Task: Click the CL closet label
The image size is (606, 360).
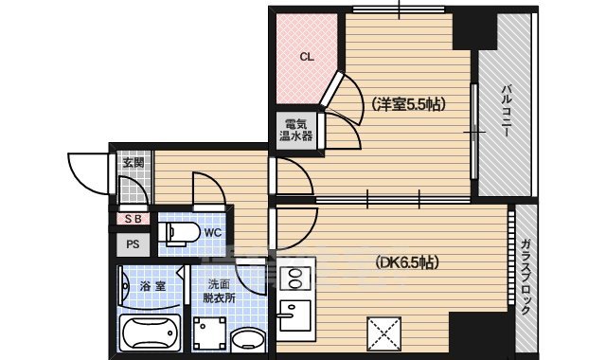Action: tap(306, 57)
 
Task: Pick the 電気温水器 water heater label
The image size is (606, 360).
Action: tap(295, 129)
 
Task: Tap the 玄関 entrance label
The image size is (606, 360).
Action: tap(133, 163)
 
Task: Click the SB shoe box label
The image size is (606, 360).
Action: tap(132, 219)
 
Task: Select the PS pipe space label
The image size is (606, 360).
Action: tap(133, 243)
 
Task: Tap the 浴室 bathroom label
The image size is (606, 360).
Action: tap(153, 284)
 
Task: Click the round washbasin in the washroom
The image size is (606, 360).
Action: tap(248, 339)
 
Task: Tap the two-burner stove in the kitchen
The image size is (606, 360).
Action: tap(294, 279)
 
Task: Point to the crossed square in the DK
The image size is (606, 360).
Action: tap(383, 333)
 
